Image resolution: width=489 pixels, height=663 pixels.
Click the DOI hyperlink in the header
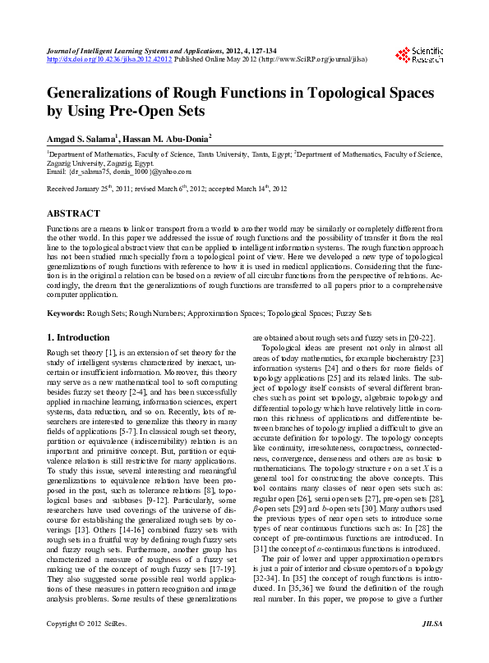109,60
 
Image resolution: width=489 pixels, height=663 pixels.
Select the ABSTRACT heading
74,213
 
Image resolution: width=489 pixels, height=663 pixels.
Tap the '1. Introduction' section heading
78,337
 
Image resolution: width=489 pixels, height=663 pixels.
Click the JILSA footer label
431,648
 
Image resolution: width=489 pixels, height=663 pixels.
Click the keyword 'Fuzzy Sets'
354,313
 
